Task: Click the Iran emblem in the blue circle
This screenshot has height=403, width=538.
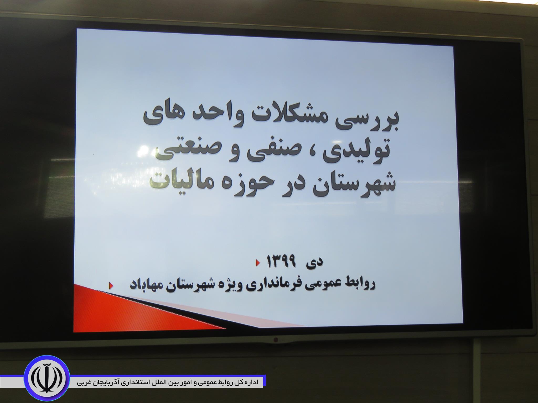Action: [47, 379]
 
